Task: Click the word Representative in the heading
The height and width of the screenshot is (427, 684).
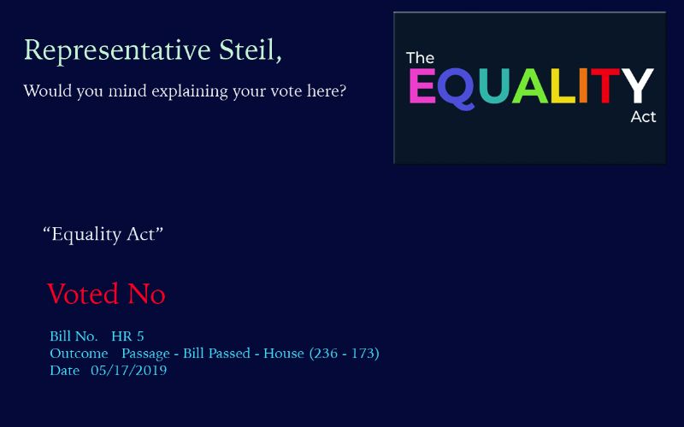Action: (x=117, y=51)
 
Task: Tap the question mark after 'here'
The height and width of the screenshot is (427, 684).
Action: (x=342, y=91)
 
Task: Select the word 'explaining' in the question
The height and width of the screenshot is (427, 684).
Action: (x=190, y=92)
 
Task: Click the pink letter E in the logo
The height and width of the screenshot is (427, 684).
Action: (x=422, y=86)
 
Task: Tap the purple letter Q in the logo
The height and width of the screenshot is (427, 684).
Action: (x=456, y=89)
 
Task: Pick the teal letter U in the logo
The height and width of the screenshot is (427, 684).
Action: (x=494, y=86)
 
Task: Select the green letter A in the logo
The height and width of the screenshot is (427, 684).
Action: (x=529, y=86)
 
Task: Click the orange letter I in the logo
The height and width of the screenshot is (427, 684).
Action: (x=583, y=86)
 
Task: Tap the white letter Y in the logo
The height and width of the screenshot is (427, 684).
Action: (x=637, y=86)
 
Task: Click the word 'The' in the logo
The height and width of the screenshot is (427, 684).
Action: (x=420, y=58)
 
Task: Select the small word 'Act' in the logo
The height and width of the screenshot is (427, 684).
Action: (x=644, y=117)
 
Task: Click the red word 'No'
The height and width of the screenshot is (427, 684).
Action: (x=146, y=294)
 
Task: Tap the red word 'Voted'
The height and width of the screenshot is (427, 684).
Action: (x=83, y=294)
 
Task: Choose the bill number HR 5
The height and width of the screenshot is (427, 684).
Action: (x=127, y=336)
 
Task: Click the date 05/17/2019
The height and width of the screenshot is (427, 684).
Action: (x=129, y=371)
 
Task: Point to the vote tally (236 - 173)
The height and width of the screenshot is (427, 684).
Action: (x=345, y=353)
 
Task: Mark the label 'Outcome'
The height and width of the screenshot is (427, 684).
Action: (x=79, y=354)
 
